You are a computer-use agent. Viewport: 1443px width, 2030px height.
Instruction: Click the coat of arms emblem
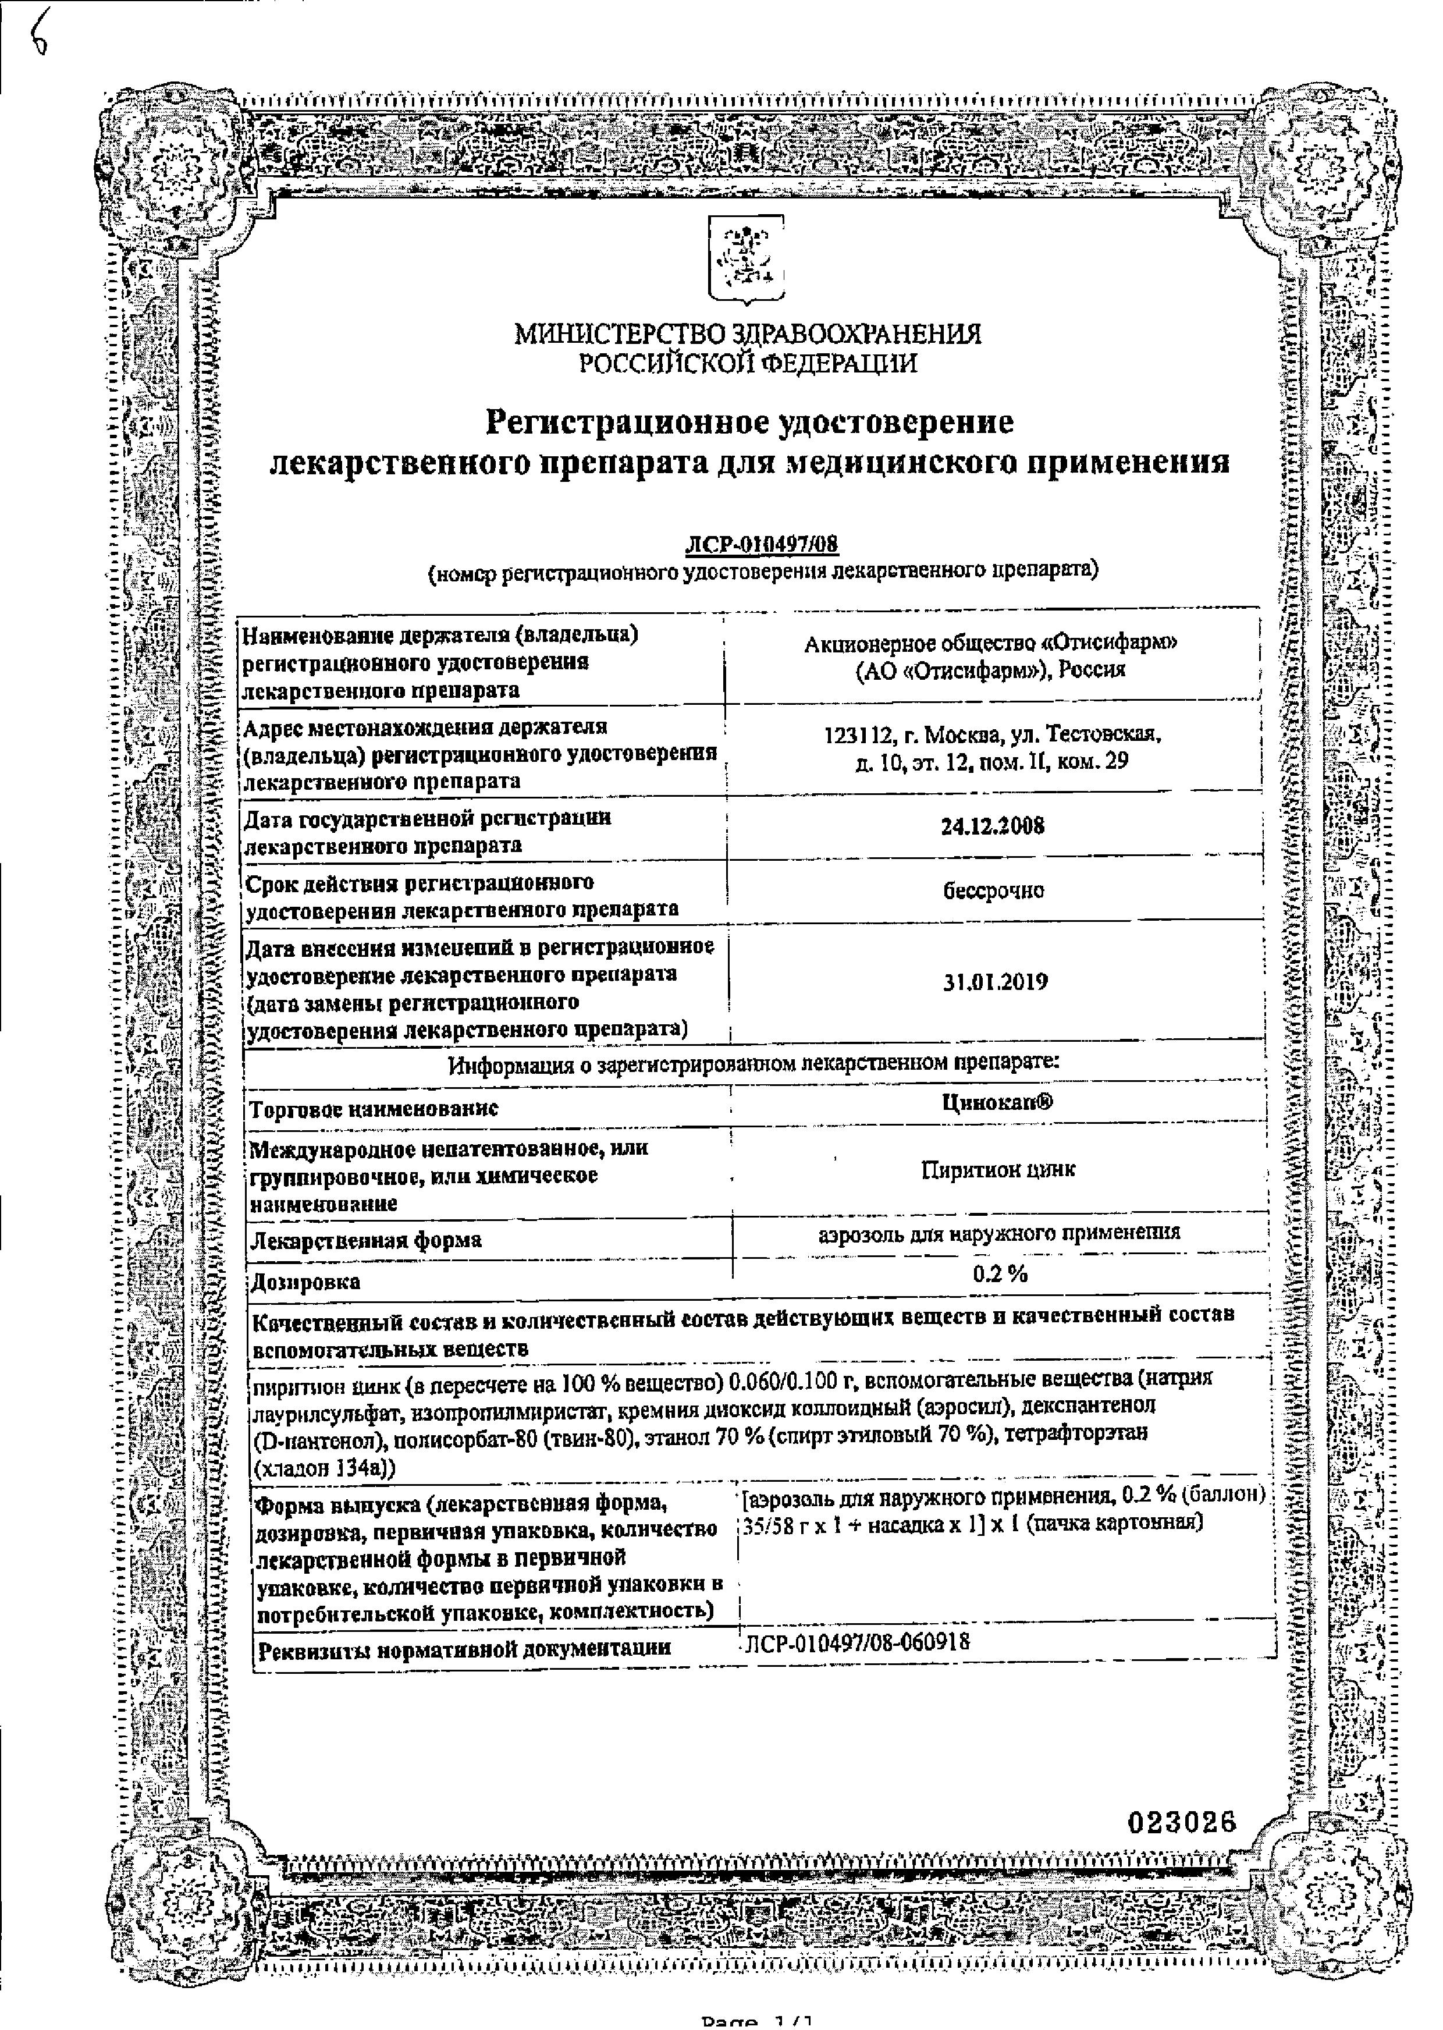click(x=747, y=260)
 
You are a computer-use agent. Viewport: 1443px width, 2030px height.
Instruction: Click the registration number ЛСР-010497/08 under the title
click(x=762, y=545)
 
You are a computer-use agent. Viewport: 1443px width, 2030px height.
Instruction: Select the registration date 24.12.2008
click(x=993, y=826)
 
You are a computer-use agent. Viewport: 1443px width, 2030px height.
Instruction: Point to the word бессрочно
click(x=993, y=890)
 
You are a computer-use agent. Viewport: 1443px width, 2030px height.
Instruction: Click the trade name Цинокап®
click(x=997, y=1102)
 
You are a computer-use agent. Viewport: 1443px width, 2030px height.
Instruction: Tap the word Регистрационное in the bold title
click(x=627, y=421)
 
